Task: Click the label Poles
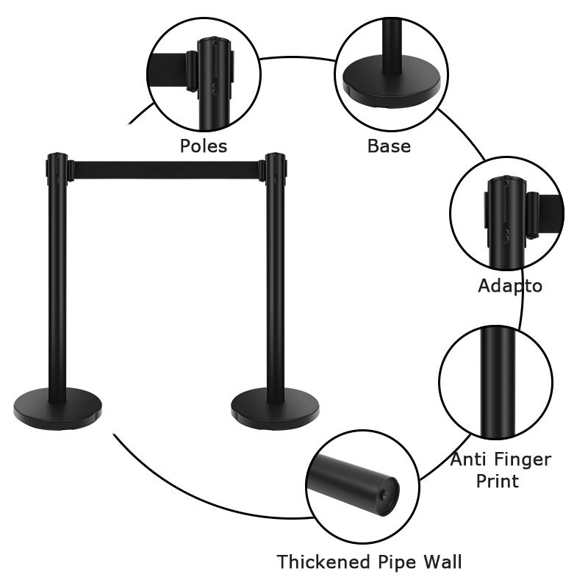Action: tap(204, 146)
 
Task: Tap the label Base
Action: tap(389, 146)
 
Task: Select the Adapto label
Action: tap(510, 286)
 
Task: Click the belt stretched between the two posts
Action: tap(166, 171)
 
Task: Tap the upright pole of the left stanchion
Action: tap(57, 294)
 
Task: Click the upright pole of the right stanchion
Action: tap(276, 294)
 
